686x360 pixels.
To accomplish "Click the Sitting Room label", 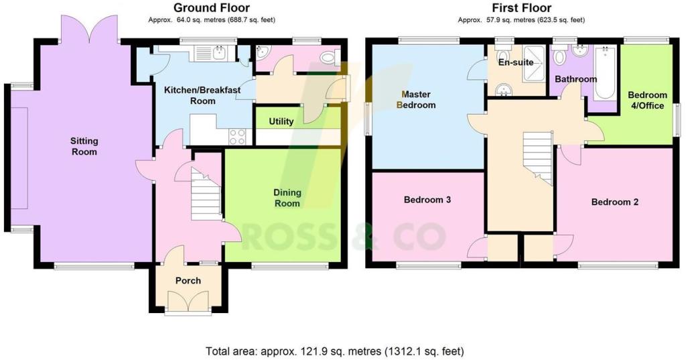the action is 84,146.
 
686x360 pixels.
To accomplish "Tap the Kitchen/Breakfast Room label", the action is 202,95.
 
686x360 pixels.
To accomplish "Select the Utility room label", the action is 281,121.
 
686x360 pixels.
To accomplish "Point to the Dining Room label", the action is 287,198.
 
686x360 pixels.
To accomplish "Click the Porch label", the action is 188,281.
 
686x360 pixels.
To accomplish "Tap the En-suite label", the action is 517,62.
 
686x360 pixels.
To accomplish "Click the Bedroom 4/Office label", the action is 648,101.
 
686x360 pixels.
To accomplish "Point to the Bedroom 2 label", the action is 615,202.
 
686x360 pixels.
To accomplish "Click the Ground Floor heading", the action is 212,7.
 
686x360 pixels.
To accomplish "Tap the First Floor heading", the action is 521,7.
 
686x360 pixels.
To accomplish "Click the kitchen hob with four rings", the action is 238,136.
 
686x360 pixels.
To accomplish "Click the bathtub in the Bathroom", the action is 605,72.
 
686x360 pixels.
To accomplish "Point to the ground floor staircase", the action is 206,195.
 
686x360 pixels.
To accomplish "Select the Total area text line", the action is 335,351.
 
